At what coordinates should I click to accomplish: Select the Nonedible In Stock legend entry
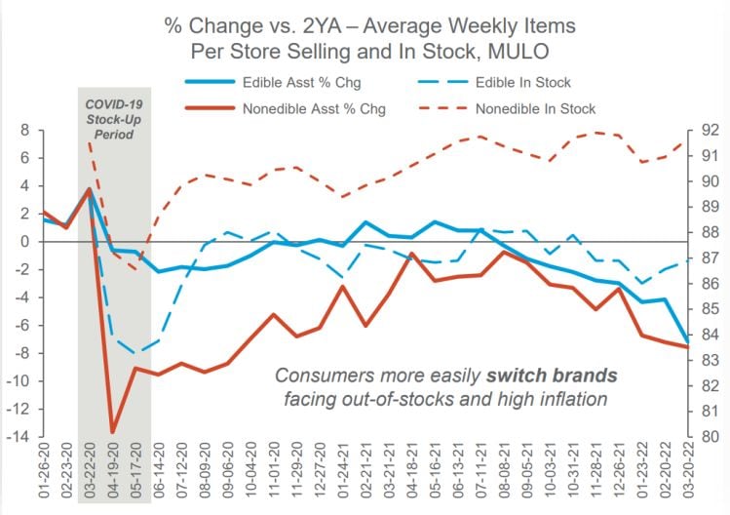tap(535, 108)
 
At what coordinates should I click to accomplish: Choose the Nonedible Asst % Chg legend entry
tap(315, 108)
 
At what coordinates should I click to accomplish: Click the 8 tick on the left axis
tap(26, 130)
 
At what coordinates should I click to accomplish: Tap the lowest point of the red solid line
tap(113, 431)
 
